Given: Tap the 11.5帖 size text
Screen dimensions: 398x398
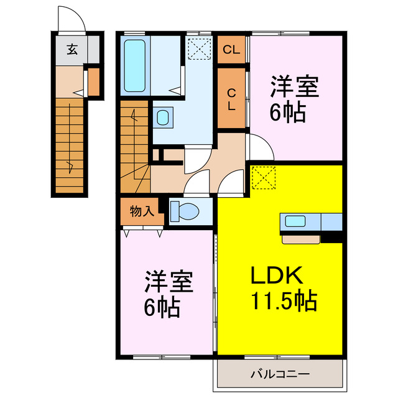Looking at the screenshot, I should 284,302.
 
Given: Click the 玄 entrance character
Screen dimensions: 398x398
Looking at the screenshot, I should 72,50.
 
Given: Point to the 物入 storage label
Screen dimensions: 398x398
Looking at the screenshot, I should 141,211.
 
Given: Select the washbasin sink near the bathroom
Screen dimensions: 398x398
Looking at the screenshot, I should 162,117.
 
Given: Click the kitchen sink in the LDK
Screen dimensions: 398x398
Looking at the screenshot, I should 294,220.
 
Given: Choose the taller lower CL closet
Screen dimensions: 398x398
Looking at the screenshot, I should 231,99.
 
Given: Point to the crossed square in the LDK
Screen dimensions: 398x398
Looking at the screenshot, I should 264,178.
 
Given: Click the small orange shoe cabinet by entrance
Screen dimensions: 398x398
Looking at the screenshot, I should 93,81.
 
